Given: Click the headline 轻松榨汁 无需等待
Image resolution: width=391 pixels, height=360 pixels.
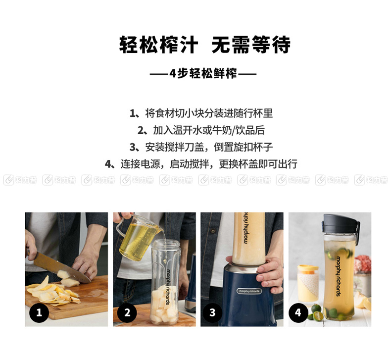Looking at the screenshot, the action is [205, 45].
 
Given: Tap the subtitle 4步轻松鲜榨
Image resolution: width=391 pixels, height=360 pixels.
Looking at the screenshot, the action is [203, 73].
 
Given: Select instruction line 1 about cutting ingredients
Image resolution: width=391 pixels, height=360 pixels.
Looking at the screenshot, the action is [201, 113].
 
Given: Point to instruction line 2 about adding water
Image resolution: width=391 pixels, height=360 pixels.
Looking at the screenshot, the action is [201, 130].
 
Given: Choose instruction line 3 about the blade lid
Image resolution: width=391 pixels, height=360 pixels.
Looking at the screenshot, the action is [201, 147].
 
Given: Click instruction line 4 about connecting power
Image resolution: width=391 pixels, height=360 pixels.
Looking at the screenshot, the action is [201, 164].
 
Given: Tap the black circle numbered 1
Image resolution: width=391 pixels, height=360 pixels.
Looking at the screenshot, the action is [39, 312].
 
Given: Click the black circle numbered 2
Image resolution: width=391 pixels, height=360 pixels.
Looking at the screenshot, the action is [127, 312].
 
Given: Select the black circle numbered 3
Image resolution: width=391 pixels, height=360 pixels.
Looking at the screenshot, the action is [212, 312].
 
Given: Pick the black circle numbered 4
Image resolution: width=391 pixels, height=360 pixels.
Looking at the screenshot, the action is [298, 312].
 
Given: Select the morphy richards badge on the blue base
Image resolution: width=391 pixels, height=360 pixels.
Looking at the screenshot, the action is [249, 291].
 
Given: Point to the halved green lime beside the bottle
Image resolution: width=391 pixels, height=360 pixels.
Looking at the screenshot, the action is [318, 316].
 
